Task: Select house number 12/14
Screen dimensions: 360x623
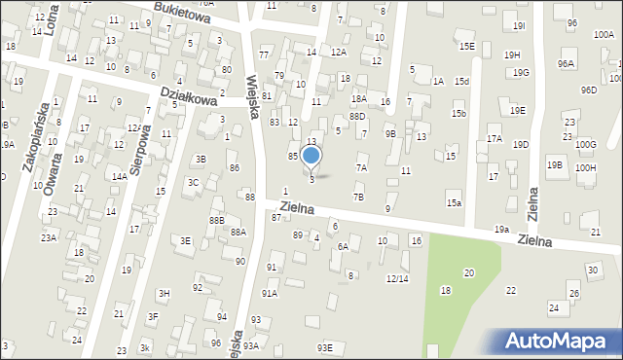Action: click(396, 278)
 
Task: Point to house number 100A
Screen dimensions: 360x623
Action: click(602, 34)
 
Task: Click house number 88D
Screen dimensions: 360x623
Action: click(357, 117)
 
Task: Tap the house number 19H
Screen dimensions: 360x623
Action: click(512, 54)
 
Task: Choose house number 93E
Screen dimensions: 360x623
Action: click(324, 347)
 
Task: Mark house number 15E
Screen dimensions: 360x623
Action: click(467, 46)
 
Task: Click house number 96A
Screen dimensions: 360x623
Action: click(566, 63)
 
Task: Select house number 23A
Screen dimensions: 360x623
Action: click(48, 237)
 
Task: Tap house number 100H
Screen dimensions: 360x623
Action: click(585, 167)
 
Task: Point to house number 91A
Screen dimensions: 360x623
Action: click(270, 292)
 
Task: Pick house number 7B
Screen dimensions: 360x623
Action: click(358, 198)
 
